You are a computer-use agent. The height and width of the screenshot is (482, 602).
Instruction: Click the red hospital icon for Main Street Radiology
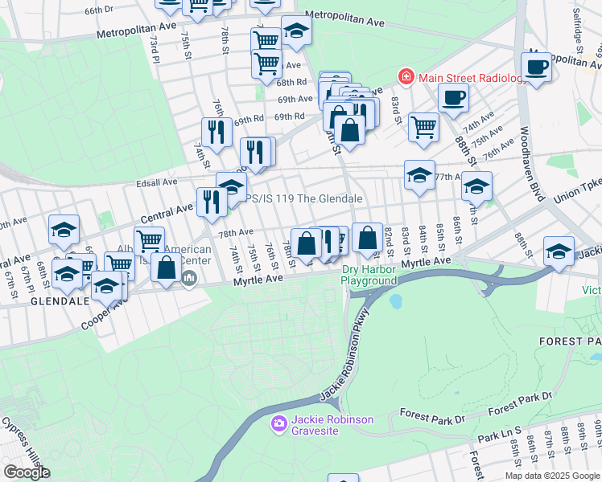tap(406, 77)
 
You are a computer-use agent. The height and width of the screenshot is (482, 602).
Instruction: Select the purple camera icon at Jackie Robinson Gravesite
tap(278, 423)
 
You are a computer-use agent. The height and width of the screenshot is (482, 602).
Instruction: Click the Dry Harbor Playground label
tap(369, 276)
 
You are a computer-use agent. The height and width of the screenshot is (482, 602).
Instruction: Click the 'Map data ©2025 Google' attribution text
tap(551, 476)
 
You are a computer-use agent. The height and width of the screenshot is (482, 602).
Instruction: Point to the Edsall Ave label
tap(158, 182)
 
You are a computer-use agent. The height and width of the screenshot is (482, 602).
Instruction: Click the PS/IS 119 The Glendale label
tap(303, 198)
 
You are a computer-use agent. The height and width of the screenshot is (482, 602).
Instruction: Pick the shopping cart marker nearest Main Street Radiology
tap(423, 125)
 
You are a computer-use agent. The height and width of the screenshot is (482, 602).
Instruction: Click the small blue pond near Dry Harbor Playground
tap(394, 302)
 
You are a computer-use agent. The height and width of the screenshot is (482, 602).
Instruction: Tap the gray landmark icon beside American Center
tap(189, 279)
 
